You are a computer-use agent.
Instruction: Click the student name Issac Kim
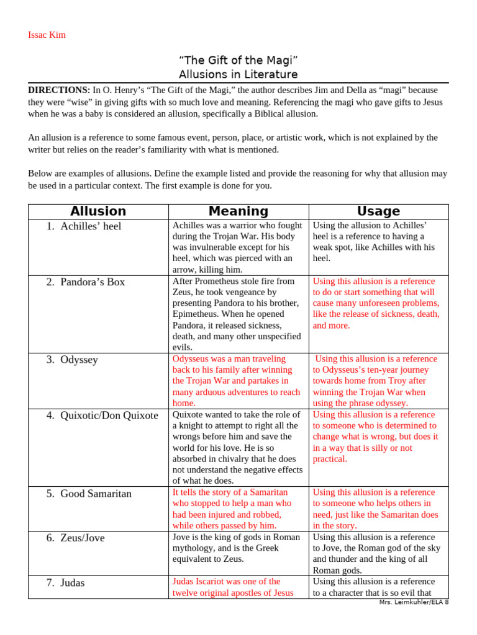coord(47,35)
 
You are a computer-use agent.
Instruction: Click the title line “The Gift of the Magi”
coord(238,60)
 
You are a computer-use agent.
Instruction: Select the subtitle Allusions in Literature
coord(238,74)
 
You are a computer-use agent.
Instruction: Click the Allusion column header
coord(98,211)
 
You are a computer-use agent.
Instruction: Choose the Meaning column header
coord(238,211)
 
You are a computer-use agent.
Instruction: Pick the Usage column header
coord(378,211)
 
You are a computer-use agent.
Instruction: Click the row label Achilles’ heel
coord(91,226)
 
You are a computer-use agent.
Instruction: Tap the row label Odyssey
coord(79,360)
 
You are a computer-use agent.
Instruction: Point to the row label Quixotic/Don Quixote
coord(109,415)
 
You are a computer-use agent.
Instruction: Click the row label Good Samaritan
coord(96,494)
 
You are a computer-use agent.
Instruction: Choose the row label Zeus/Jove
coord(83,538)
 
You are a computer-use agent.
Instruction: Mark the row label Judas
coord(73,583)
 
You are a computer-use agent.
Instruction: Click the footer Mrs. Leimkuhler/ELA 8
coord(413,602)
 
